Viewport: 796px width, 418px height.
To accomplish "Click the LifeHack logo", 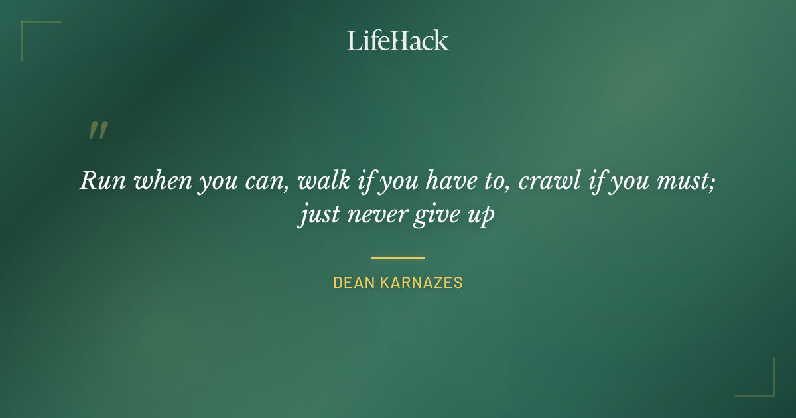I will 398,40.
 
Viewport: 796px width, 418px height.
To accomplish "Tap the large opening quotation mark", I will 98,131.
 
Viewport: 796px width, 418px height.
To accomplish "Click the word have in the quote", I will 454,181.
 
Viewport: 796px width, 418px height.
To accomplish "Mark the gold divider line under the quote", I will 398,257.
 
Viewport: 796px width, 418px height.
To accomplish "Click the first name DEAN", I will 353,283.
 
